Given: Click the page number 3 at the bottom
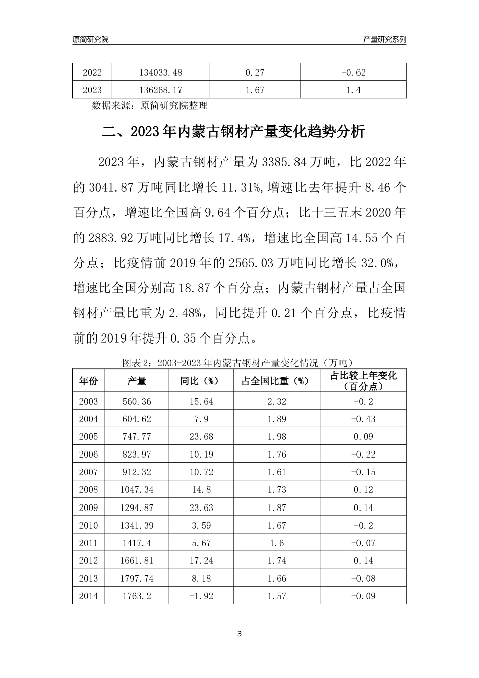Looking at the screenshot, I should tap(239, 634).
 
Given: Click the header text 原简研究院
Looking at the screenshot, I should tap(90, 39).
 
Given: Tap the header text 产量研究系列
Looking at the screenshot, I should tap(385, 39).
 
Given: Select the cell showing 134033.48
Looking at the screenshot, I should tap(160, 72).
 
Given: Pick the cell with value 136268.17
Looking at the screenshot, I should tap(160, 90).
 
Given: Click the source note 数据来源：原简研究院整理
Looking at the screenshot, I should tap(150, 106).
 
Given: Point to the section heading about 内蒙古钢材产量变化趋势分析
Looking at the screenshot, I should tap(233, 133).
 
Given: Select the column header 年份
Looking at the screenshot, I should tap(88, 381).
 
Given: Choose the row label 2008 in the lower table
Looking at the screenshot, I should tap(88, 490).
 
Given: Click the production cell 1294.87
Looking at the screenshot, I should tap(137, 507).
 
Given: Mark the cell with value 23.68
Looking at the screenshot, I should tap(201, 437).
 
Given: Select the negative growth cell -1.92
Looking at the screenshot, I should tap(201, 596).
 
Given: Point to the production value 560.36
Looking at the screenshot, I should tap(137, 402).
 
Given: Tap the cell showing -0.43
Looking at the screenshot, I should tap(363, 419).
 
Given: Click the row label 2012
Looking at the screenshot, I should tap(88, 560).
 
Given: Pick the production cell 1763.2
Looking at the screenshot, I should tap(137, 596).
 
